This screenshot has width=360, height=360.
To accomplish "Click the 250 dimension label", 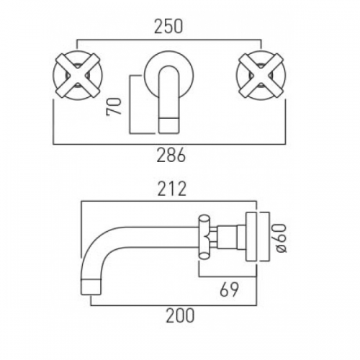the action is pos(168,27).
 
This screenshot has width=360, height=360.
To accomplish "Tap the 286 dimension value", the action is pos(171,155).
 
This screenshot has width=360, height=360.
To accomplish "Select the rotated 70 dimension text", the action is pos(114,107).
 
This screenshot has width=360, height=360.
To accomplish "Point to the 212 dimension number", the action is pos(172,189).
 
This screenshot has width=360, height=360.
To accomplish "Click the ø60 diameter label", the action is pos(281,238).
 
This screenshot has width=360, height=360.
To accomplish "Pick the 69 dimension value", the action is pos(229,289).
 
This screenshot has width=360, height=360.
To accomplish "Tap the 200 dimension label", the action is pos(180,315).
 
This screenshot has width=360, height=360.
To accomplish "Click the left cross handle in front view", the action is pos(77,76).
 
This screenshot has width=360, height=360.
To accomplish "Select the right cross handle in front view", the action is pos(261,76).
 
